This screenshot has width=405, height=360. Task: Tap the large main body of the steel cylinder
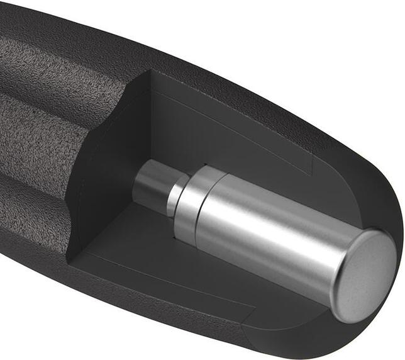[270, 239]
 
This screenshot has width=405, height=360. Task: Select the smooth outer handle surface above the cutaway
[220, 63]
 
